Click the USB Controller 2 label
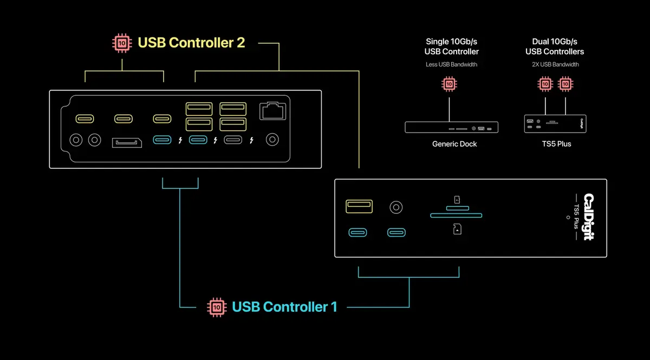pyautogui.click(x=191, y=42)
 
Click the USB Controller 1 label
pyautogui.click(x=284, y=307)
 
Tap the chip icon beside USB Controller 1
pyautogui.click(x=217, y=307)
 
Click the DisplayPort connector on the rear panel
pyautogui.click(x=127, y=143)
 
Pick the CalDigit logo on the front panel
pyautogui.click(x=589, y=217)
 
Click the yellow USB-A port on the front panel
pyautogui.click(x=359, y=206)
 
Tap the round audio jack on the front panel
pyautogui.click(x=396, y=207)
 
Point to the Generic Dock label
pyautogui.click(x=454, y=144)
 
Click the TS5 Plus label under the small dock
pyautogui.click(x=556, y=144)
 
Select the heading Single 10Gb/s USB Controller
pyautogui.click(x=452, y=47)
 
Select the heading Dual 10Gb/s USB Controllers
pyautogui.click(x=555, y=47)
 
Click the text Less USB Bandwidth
pyautogui.click(x=452, y=65)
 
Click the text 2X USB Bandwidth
pyautogui.click(x=555, y=65)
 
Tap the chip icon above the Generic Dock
pyautogui.click(x=448, y=84)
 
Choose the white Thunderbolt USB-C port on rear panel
pyautogui.click(x=233, y=140)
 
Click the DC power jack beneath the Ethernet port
pyautogui.click(x=272, y=140)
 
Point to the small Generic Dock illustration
pyautogui.click(x=452, y=128)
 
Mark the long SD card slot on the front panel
pyautogui.click(x=456, y=215)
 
